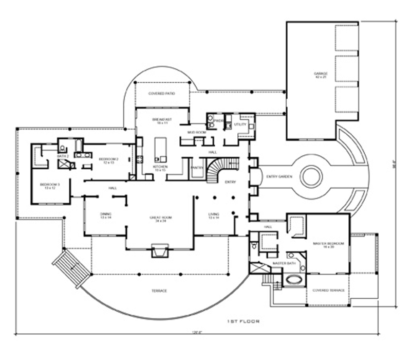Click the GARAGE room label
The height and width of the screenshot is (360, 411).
[x=321, y=75]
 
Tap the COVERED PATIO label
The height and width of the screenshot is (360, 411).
[x=162, y=94]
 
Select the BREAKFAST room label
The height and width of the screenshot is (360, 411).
[x=162, y=121]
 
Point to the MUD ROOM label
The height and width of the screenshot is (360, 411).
[x=196, y=132]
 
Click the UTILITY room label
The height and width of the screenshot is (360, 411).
[x=240, y=124]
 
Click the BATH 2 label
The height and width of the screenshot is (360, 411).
[x=63, y=156]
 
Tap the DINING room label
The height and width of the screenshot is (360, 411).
[x=106, y=215]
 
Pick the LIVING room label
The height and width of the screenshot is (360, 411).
[x=214, y=215]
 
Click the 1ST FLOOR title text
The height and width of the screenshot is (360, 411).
[x=243, y=321]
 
